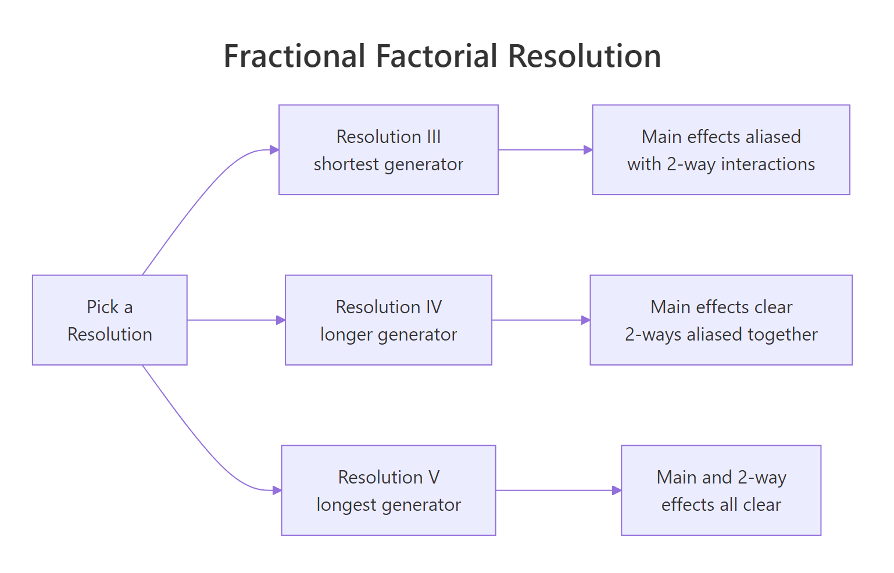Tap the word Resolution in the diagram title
pos(584,56)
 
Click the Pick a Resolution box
pos(109,320)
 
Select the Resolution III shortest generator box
pos(388,150)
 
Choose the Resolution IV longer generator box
pos(388,320)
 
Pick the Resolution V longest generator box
pos(388,490)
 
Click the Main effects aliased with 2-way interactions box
pos(721,150)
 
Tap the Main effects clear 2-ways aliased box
pos(721,320)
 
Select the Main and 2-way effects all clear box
pos(721,490)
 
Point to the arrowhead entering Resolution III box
pos(274,150)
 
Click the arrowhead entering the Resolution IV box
pos(281,320)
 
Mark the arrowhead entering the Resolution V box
pos(277,490)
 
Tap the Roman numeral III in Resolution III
pos(434,137)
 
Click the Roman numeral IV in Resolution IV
pos(434,307)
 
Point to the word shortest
pos(346,164)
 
